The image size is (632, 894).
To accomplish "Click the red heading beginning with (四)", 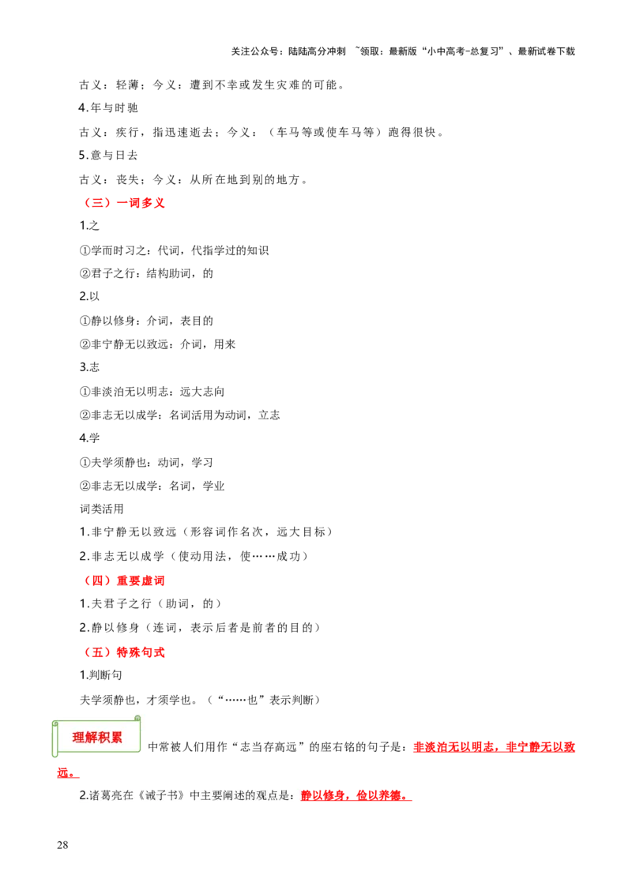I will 125,581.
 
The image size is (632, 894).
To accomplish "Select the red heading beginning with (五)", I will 125,653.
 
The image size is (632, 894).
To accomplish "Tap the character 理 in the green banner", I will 78,738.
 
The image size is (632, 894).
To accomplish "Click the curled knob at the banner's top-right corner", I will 137,719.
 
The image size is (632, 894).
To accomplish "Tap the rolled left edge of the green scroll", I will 55,738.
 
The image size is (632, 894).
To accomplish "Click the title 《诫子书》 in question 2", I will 158,795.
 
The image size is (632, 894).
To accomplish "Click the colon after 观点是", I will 298,795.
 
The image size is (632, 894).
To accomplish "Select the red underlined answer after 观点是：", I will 355,795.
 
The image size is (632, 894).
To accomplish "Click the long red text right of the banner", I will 495,747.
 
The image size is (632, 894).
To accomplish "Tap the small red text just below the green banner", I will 66,773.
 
